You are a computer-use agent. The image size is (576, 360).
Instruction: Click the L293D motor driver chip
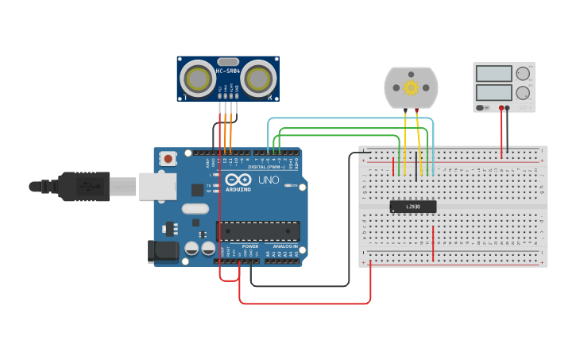413,207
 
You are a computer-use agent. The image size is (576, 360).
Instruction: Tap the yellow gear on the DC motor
411,87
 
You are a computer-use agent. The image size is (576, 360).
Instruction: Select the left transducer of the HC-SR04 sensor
196,78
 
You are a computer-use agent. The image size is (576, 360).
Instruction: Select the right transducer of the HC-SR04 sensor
259,78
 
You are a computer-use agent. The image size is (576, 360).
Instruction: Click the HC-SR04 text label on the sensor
228,72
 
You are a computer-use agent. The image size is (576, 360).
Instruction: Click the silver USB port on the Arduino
157,186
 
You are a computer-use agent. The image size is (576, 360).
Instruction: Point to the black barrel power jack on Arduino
164,251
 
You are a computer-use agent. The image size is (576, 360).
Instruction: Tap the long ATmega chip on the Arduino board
258,231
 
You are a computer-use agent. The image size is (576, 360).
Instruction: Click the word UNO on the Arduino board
269,180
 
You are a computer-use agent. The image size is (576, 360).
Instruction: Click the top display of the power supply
493,74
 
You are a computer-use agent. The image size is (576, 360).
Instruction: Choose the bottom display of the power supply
493,92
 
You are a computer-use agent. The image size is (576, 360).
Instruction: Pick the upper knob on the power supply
523,74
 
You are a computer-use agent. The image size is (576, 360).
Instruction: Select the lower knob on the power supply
523,92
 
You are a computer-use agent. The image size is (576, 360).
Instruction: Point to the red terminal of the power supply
501,107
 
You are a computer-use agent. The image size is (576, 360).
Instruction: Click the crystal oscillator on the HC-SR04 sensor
228,61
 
